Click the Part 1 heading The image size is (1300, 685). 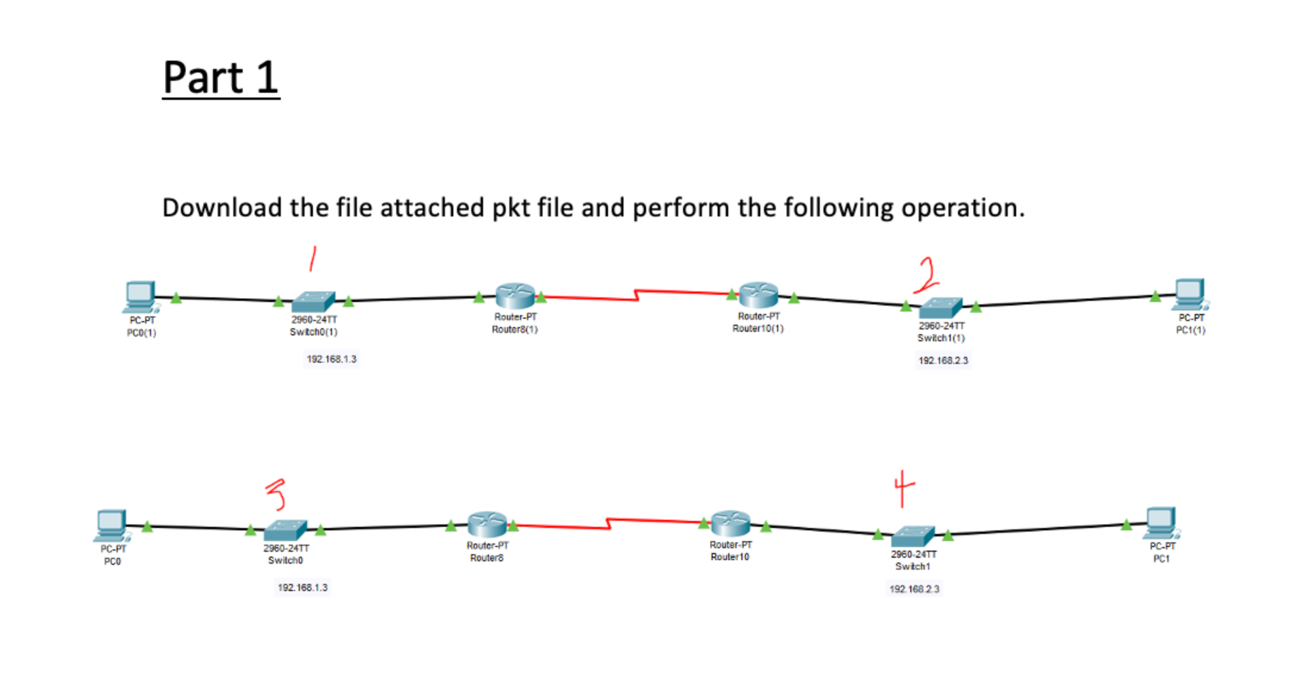[221, 78]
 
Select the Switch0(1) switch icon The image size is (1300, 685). [313, 301]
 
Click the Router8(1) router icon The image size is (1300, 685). [515, 296]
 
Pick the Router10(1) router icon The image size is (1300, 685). [758, 295]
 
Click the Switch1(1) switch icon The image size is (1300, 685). [940, 307]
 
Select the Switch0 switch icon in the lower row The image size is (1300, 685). [285, 530]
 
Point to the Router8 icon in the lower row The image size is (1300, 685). [487, 524]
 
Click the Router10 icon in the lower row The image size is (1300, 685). [730, 523]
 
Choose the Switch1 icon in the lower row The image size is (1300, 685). [913, 536]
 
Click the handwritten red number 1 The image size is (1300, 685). [312, 259]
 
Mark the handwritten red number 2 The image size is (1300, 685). [927, 275]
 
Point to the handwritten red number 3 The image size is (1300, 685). [276, 495]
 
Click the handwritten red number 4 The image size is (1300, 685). [903, 488]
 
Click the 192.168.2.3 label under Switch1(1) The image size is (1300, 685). [943, 360]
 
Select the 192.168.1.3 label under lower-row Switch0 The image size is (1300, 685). [302, 587]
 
